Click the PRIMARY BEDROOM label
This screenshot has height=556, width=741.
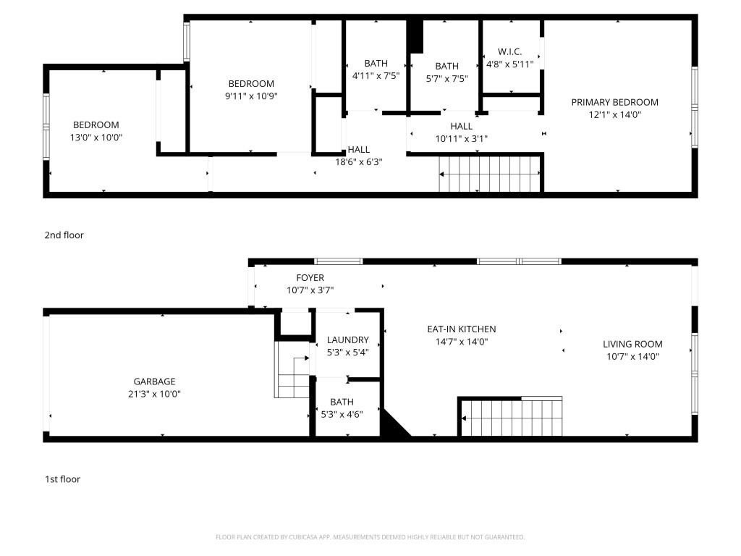[614, 102]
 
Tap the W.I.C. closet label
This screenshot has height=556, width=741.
[510, 51]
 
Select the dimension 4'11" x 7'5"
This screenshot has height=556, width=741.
[376, 75]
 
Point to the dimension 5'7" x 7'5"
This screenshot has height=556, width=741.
[446, 78]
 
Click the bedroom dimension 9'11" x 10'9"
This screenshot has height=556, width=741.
[251, 96]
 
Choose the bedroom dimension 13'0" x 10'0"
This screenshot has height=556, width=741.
[96, 138]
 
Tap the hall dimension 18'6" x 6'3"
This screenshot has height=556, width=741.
[359, 162]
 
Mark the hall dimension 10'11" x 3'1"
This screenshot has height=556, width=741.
[461, 139]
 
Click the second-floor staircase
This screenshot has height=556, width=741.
[490, 174]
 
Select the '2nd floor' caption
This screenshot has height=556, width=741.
[64, 235]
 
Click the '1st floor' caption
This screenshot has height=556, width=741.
[62, 479]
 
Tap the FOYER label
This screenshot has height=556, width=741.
[310, 278]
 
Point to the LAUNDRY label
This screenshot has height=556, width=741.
[348, 340]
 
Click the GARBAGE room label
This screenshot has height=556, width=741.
[154, 382]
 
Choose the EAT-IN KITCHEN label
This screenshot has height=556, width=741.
[462, 329]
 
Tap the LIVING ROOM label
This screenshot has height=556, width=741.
[632, 344]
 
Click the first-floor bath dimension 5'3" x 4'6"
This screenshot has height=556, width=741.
[342, 415]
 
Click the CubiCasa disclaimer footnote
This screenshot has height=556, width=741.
[370, 537]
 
